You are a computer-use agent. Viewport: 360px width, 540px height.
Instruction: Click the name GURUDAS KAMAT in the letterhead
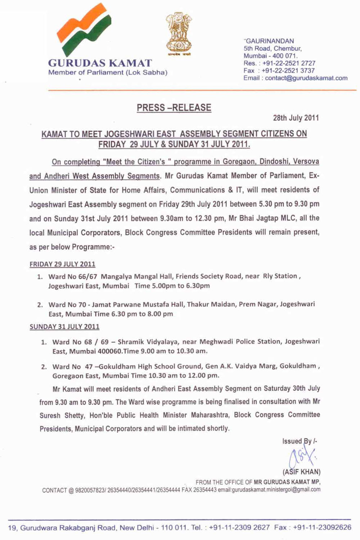click(100, 63)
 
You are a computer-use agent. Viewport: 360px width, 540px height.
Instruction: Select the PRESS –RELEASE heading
click(174, 108)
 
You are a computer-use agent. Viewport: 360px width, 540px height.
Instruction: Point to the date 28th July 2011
click(296, 118)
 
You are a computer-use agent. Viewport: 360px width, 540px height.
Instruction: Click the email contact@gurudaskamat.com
click(306, 78)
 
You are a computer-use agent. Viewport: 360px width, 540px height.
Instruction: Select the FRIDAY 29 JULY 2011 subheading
click(62, 264)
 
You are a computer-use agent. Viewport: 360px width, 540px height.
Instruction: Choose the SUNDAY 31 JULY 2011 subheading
click(64, 327)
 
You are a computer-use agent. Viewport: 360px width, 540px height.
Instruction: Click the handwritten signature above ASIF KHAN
click(302, 457)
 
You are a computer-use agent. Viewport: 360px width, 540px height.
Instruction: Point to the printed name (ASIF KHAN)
click(302, 472)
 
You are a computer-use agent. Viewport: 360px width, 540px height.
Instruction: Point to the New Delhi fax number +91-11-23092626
click(322, 527)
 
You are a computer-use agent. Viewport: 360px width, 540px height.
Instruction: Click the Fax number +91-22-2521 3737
click(288, 71)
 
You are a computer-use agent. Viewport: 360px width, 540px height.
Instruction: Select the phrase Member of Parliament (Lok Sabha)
click(108, 73)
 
